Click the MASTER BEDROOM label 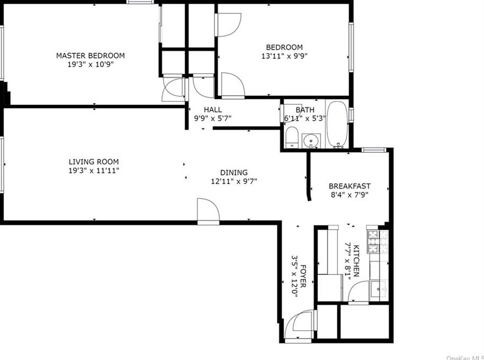coord(90,55)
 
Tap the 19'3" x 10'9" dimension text coord(90,64)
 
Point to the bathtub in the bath coord(336,124)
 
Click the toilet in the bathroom coord(292,138)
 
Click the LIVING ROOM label coord(94,162)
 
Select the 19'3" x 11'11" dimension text coord(94,171)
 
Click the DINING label coord(234,172)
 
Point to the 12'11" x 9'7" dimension coord(234,181)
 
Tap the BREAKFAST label coord(349,186)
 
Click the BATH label coord(305,110)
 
